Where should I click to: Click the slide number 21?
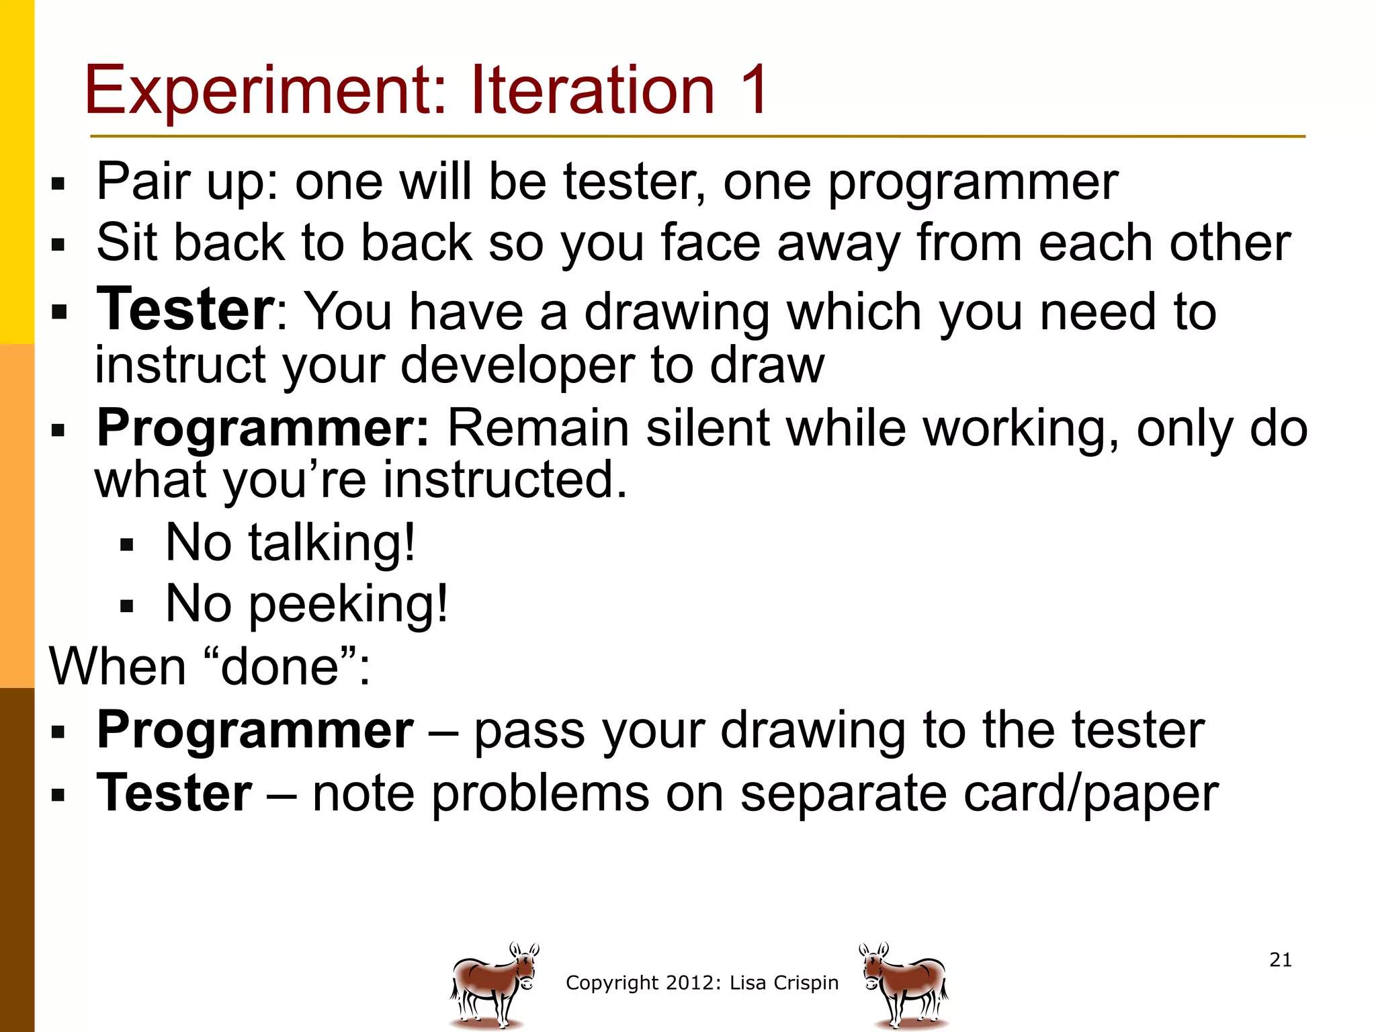[1281, 959]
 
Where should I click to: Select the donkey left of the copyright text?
[494, 984]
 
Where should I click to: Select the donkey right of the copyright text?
[904, 984]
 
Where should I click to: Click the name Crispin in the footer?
[806, 983]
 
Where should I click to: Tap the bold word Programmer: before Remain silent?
[263, 429]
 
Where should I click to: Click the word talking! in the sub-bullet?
[332, 542]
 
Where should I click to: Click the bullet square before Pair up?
[58, 183]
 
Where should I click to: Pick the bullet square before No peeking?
[127, 606]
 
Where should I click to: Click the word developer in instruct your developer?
[517, 366]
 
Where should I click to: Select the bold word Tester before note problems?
[175, 793]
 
